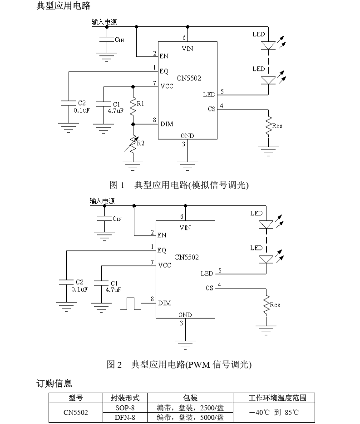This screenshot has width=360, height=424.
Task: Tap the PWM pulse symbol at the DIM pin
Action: (x=131, y=304)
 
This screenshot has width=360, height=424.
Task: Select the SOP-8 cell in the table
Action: (x=125, y=408)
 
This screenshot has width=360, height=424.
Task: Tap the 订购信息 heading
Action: (x=54, y=384)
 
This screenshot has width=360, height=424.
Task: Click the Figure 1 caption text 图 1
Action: (x=117, y=185)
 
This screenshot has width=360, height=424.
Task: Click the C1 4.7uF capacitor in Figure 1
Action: (x=104, y=105)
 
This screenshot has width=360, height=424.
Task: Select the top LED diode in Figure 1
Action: (x=269, y=45)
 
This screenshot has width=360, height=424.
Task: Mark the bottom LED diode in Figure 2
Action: (x=266, y=259)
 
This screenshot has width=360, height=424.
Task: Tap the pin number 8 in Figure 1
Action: (x=155, y=120)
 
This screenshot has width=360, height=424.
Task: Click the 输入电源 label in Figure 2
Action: (x=102, y=201)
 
